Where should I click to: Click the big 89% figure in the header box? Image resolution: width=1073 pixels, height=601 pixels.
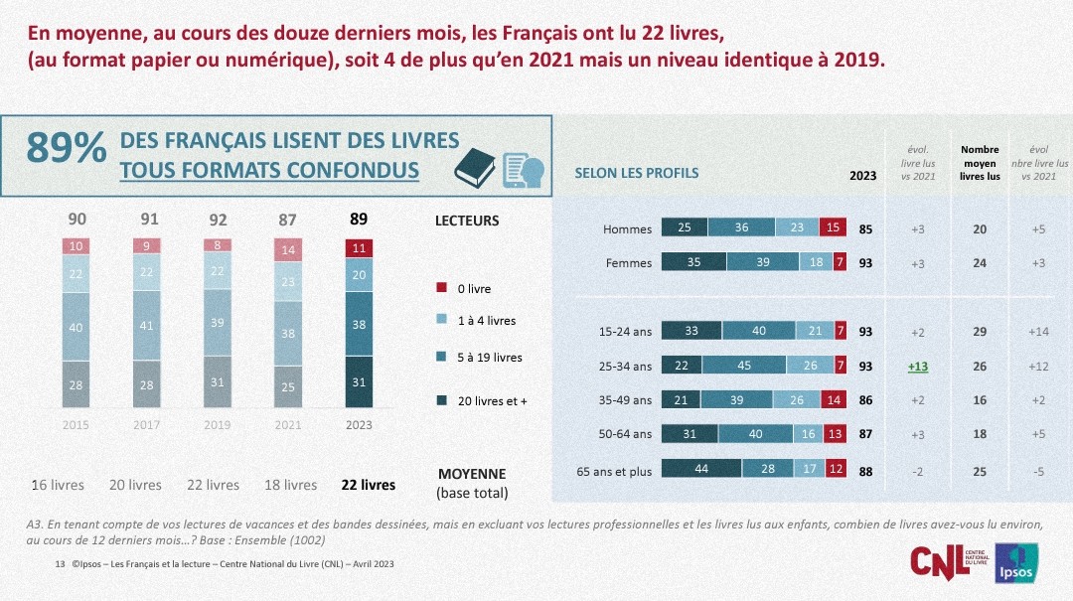click(x=66, y=148)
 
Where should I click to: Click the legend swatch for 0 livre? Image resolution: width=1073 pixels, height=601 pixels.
click(x=442, y=289)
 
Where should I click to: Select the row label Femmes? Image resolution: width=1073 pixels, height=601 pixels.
click(x=628, y=263)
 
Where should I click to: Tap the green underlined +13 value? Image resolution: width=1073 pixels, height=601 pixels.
click(x=917, y=366)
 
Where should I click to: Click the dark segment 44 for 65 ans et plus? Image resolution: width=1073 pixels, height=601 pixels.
click(x=700, y=471)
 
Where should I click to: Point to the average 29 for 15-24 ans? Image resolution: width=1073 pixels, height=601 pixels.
click(x=980, y=331)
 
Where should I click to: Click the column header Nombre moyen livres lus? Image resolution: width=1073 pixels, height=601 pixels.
click(x=980, y=163)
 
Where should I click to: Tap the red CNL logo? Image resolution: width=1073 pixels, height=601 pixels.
click(x=940, y=559)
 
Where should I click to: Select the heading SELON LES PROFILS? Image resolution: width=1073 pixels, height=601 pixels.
click(x=637, y=173)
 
